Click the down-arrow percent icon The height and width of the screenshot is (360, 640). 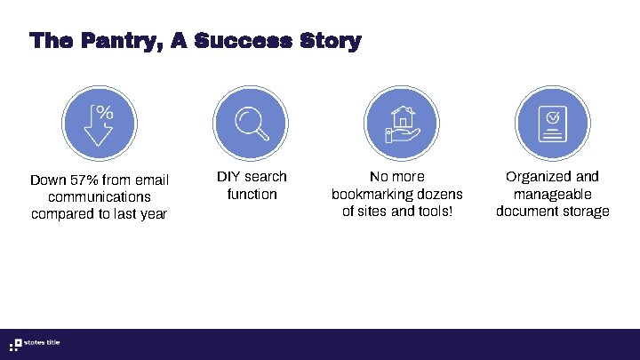(x=100, y=124)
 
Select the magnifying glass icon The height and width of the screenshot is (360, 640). (x=252, y=124)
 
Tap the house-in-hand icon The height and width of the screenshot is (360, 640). (x=403, y=124)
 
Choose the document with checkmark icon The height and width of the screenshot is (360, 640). (x=553, y=124)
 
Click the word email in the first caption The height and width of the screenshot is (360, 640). (x=150, y=180)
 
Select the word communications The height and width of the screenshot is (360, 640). (x=100, y=197)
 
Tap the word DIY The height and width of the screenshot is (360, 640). (x=228, y=177)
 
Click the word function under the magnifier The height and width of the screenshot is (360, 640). (x=252, y=194)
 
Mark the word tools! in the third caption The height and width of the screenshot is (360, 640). (x=432, y=212)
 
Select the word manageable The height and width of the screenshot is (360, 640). (x=552, y=194)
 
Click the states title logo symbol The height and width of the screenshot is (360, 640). (x=15, y=344)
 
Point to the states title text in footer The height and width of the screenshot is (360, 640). (x=44, y=344)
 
